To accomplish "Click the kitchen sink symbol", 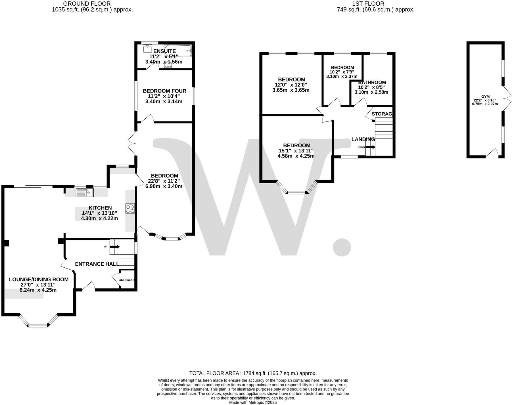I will pos(85,193).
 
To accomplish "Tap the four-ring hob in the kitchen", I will pos(130,209).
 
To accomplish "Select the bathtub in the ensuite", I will pos(178,51).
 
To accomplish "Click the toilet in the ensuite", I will pos(168,65).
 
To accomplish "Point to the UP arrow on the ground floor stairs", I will pos(115,247).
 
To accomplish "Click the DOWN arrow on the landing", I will pos(370,147).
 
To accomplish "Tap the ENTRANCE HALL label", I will pos(97,264).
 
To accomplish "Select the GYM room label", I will pos(485,97).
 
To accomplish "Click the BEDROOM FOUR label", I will pos(164,91).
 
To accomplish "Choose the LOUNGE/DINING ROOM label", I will pos(39,280).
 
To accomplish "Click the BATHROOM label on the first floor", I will pos(372,82).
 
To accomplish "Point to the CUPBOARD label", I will pos(126,280).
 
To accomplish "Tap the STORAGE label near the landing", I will pos(382,114).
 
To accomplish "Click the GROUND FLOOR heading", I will pos(87,4).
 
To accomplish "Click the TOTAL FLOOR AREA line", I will pos(253,373).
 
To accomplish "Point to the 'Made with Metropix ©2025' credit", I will pos(253,402).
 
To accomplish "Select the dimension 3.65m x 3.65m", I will pos(291,90).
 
